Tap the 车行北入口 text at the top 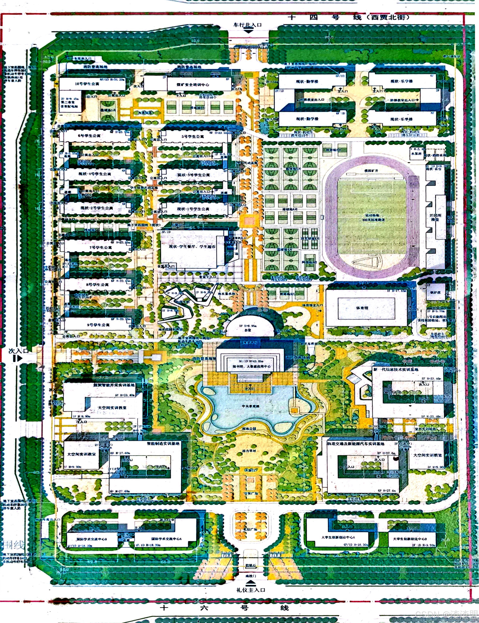248,25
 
